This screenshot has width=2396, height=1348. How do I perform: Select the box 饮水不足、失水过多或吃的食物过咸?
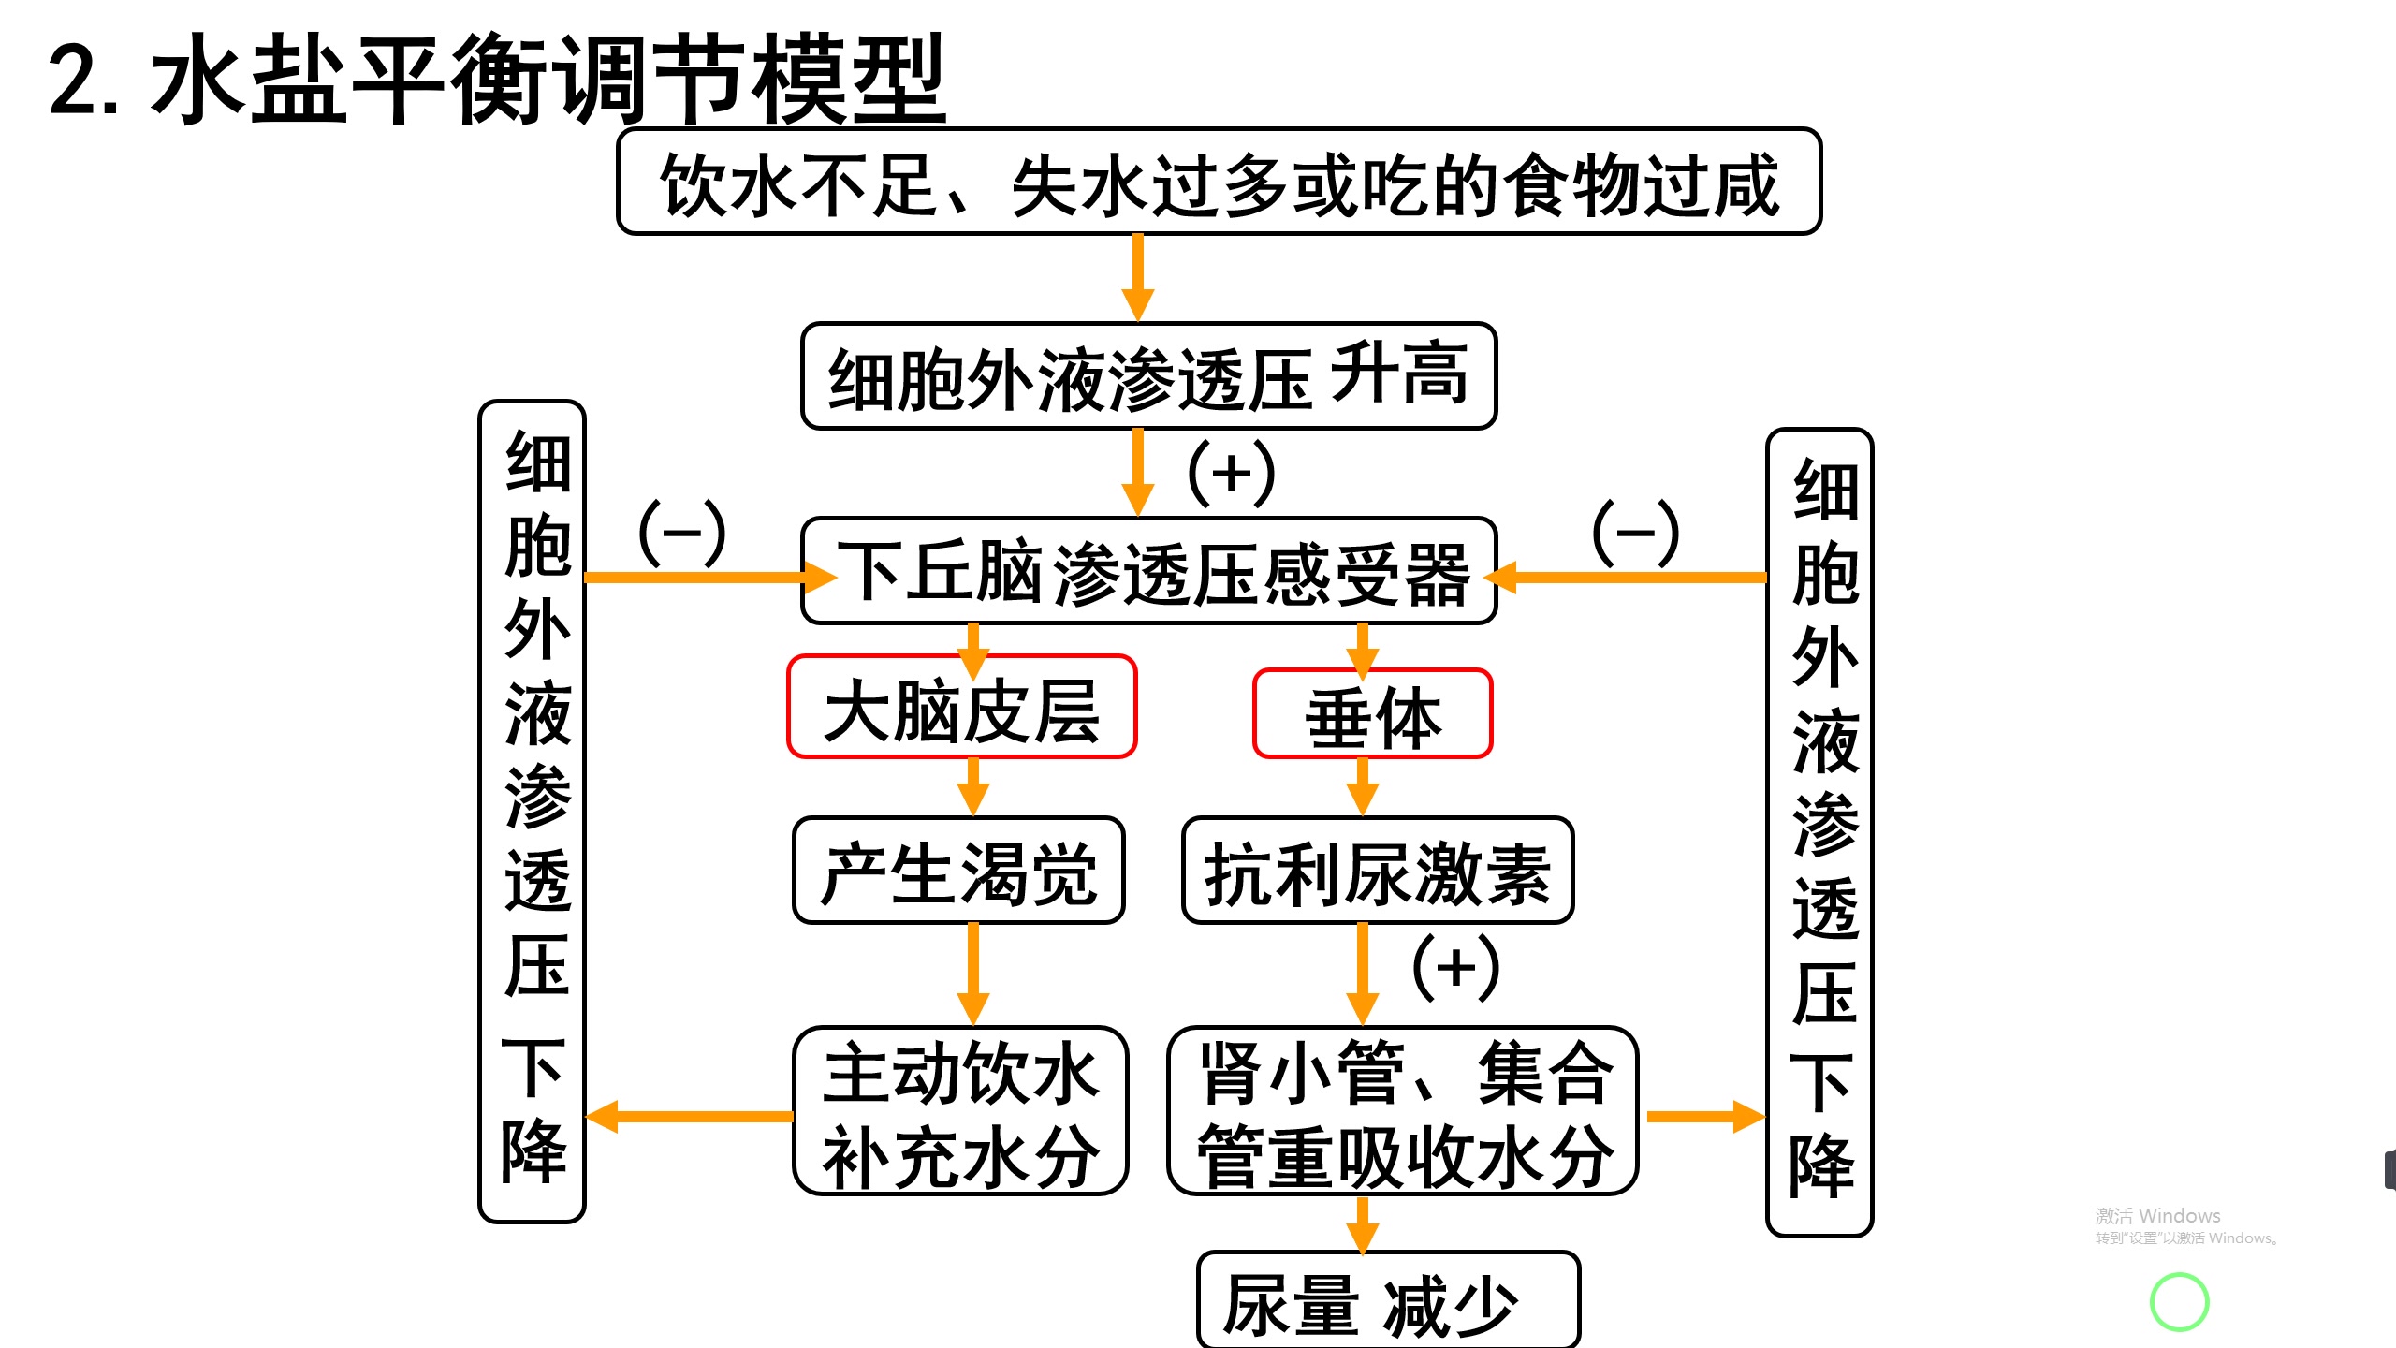pos(1219,183)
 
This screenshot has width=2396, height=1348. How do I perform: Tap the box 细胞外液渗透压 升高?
pos(1148,376)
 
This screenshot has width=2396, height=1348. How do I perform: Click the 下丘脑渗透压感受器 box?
pos(1149,571)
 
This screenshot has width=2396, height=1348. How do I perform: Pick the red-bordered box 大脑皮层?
pos(961,708)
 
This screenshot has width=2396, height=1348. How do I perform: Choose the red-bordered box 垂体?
pos(1372,714)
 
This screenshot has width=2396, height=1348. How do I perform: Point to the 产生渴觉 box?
pos(958,871)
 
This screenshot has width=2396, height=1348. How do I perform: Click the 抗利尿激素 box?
pos(1377,872)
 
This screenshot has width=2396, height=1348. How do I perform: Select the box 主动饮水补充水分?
pos(960,1111)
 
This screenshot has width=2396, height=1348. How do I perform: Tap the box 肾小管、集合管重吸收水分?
pos(1402,1111)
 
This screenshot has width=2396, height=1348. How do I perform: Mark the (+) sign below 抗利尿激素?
pos(1455,967)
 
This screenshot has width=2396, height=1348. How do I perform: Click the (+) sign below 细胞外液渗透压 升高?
pos(1231,473)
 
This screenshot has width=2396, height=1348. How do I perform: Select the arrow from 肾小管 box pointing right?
pos(1703,1116)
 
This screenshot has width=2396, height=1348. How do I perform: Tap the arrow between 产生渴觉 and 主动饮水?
pos(973,974)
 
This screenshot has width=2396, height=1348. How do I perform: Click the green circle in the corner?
pos(2179,1301)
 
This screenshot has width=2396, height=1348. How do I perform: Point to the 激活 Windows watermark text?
pos(2157,1216)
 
